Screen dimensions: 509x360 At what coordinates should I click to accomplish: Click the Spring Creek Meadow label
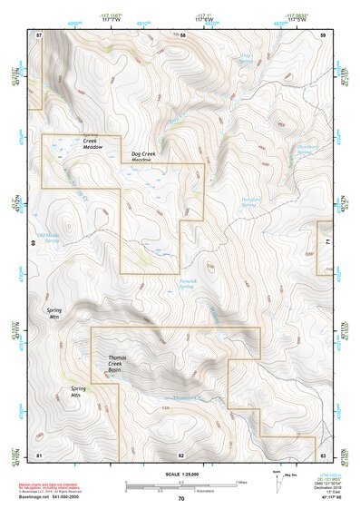[x=90, y=142]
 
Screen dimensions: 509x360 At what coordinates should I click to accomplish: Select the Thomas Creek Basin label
[x=121, y=364]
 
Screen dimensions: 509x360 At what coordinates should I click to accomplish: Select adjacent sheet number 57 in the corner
[x=39, y=34]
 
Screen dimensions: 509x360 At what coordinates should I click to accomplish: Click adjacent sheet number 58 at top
[x=182, y=34]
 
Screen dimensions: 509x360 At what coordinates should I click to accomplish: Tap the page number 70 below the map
[x=180, y=499]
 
